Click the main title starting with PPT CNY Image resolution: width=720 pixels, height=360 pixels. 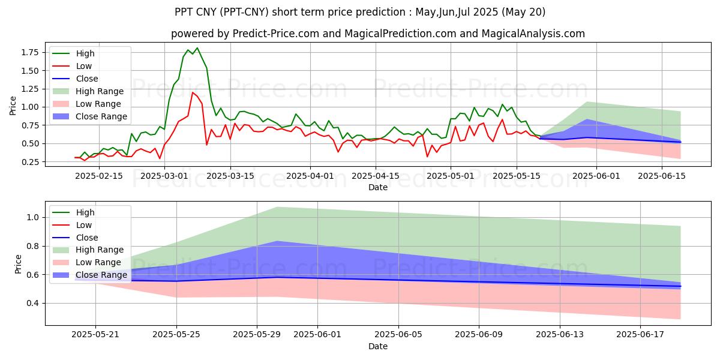(359, 12)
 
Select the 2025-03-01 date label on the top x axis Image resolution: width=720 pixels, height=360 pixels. (166, 176)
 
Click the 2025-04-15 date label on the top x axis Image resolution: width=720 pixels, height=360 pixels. (376, 176)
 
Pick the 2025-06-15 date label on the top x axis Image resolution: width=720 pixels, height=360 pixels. (662, 176)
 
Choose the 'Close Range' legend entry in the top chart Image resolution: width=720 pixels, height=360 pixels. (101, 116)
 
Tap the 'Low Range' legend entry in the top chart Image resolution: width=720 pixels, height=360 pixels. (98, 104)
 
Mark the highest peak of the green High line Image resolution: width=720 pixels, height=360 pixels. (197, 48)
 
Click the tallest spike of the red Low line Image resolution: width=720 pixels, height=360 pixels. (193, 92)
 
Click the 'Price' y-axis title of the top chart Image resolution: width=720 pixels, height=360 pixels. (13, 106)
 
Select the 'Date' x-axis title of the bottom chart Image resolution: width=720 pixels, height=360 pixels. (377, 346)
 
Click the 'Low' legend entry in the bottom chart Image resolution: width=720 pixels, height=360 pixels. (85, 225)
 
